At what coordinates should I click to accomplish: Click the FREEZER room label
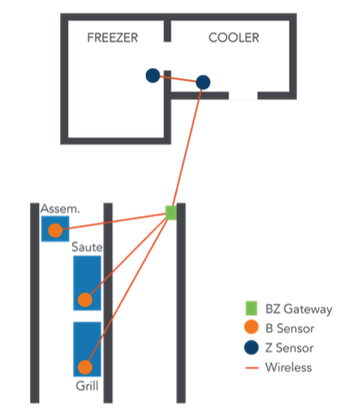113,38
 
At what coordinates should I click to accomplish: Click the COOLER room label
233,38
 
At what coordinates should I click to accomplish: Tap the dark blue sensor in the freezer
153,76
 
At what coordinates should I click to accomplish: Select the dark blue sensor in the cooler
203,82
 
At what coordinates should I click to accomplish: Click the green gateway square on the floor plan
170,212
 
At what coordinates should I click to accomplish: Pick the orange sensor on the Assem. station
56,229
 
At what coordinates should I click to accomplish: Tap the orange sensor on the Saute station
85,299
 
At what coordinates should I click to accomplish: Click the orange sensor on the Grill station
85,367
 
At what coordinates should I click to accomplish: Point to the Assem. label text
60,208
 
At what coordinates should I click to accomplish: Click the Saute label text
87,248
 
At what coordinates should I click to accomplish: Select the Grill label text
87,386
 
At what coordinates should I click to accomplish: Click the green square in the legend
250,309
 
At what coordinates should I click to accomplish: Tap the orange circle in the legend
250,329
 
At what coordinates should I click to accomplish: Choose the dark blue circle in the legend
250,348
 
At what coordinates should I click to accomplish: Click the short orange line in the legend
250,368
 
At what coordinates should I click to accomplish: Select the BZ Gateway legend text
299,310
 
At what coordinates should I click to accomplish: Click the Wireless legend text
289,368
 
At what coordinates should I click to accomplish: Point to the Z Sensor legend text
290,348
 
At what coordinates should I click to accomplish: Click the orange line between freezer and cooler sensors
178,78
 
